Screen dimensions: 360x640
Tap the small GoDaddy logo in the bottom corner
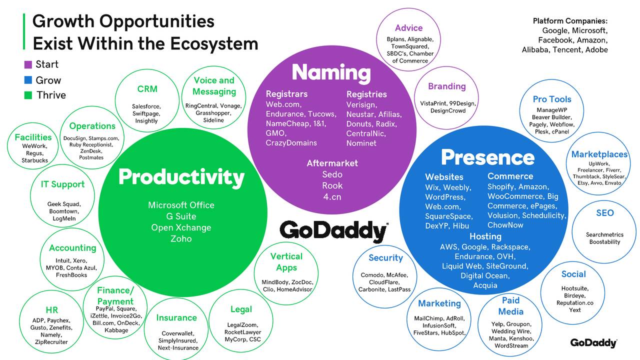(x=593, y=343)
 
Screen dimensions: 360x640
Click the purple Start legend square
(x=28, y=64)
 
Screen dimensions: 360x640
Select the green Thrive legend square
(x=28, y=95)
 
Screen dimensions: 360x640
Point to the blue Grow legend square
(x=28, y=80)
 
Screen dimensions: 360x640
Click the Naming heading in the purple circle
(x=331, y=73)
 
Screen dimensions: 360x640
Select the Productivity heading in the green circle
(x=181, y=177)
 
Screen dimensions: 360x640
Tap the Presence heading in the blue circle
(x=487, y=157)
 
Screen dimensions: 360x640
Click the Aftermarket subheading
(x=332, y=163)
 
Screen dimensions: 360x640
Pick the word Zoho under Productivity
(x=181, y=239)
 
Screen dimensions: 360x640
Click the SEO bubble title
(x=604, y=213)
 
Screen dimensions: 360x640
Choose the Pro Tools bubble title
(x=552, y=99)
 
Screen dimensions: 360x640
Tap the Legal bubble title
(x=241, y=309)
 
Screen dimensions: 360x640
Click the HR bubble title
(x=51, y=310)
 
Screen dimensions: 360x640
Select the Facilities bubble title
(x=33, y=137)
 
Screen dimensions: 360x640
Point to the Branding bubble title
(x=446, y=86)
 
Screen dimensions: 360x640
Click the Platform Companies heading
(x=570, y=21)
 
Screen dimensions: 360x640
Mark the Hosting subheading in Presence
(x=485, y=236)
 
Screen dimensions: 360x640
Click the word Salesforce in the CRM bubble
(x=146, y=106)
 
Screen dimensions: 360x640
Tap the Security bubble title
(x=385, y=258)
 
